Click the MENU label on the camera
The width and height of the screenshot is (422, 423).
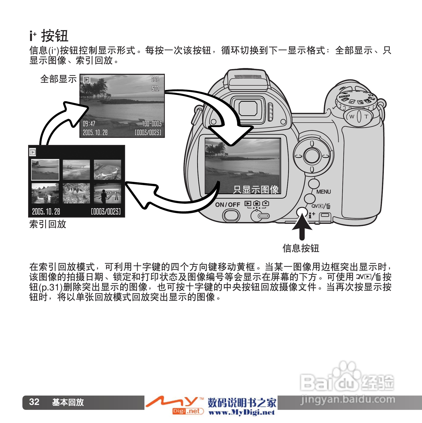[x=324, y=192]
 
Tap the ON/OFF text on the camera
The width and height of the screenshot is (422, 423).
[x=228, y=205]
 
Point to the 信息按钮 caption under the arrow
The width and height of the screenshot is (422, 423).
[x=301, y=248]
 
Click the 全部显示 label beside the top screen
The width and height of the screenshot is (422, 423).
[x=58, y=79]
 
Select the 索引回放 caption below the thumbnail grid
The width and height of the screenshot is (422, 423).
[x=48, y=224]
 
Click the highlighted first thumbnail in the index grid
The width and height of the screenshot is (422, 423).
[x=45, y=170]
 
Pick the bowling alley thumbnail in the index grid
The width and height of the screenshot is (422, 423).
[x=108, y=193]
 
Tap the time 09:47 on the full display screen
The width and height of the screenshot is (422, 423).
[x=89, y=124]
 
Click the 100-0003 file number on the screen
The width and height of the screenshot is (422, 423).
[x=152, y=124]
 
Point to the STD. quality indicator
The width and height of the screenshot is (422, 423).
[x=155, y=88]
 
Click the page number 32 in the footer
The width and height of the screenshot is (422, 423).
[x=34, y=402]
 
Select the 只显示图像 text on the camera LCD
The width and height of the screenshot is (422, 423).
[x=256, y=189]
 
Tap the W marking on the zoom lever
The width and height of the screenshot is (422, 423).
[x=352, y=116]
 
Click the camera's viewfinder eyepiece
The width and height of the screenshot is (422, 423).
[x=248, y=110]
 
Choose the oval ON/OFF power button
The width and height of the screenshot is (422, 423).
[x=231, y=216]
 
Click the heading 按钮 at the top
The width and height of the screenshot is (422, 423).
[x=55, y=36]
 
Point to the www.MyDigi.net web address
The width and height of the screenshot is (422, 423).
[x=242, y=412]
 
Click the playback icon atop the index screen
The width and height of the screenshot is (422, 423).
[x=33, y=152]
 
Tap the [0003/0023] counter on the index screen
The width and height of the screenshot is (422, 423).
[x=106, y=211]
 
